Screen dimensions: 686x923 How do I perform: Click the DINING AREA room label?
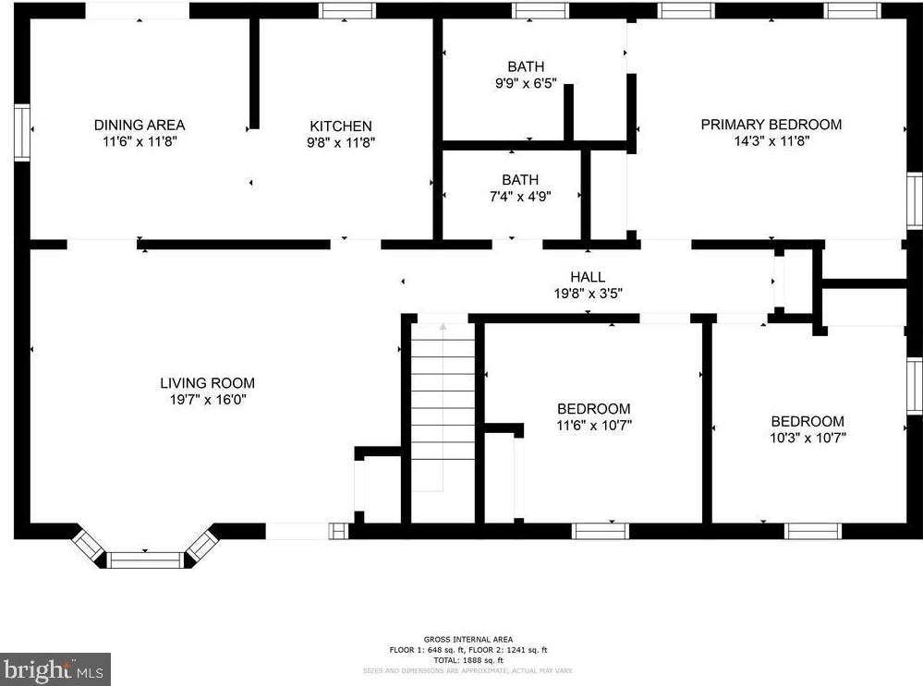[x=140, y=125]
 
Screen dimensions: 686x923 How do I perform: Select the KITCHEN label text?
[x=340, y=126]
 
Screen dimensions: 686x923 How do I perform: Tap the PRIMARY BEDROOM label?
[x=771, y=125]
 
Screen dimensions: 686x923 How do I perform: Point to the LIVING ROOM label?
[x=207, y=383]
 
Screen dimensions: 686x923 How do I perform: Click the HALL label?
[x=588, y=277]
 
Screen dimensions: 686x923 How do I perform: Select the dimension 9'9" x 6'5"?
[x=526, y=83]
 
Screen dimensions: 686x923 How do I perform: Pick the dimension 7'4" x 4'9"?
[x=520, y=197]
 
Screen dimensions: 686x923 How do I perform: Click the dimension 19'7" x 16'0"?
[x=207, y=400]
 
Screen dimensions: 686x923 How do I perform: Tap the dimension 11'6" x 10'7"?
[x=593, y=426]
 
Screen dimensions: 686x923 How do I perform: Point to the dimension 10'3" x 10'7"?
[x=808, y=438]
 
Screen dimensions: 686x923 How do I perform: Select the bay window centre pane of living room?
[x=145, y=559]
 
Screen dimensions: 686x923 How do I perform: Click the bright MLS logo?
[x=55, y=669]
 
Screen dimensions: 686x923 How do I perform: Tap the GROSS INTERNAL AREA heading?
[x=468, y=640]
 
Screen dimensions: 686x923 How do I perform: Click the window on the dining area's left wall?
[x=21, y=134]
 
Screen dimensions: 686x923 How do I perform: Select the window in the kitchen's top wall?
[x=347, y=10]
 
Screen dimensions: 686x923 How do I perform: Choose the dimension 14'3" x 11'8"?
[x=771, y=142]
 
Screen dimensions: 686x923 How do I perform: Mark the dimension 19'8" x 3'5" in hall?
[x=588, y=294]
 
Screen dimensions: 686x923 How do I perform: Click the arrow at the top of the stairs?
[x=443, y=327]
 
